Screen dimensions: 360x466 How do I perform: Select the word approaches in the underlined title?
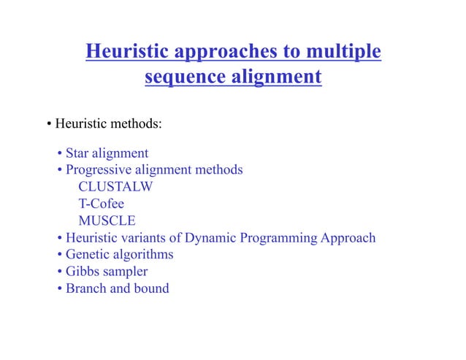[225, 53]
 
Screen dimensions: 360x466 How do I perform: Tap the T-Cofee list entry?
[102, 204]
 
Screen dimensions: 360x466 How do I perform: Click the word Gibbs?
[82, 271]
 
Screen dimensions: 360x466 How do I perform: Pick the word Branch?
[85, 288]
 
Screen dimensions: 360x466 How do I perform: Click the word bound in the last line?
[151, 288]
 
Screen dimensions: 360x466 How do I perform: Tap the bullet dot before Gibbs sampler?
[59, 272]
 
